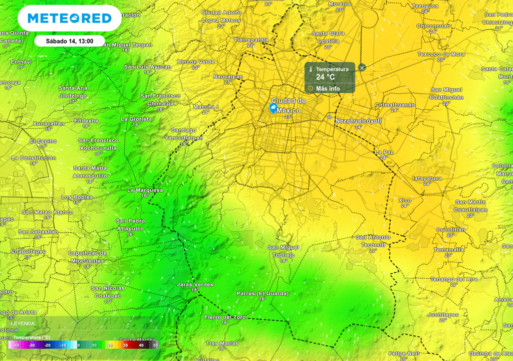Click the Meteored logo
69,19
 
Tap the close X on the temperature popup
362,68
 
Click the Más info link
328,89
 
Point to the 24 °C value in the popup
325,77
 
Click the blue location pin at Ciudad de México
274,108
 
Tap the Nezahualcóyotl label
358,121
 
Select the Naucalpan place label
228,77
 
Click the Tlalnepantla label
251,40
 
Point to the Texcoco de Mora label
441,54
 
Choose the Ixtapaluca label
427,178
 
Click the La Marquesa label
145,190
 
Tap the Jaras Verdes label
195,284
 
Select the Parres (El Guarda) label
263,293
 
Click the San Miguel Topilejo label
284,251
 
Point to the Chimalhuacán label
395,105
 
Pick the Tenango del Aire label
454,279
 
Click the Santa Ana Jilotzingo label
73,92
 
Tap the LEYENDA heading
23,323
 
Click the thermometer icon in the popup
311,69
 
